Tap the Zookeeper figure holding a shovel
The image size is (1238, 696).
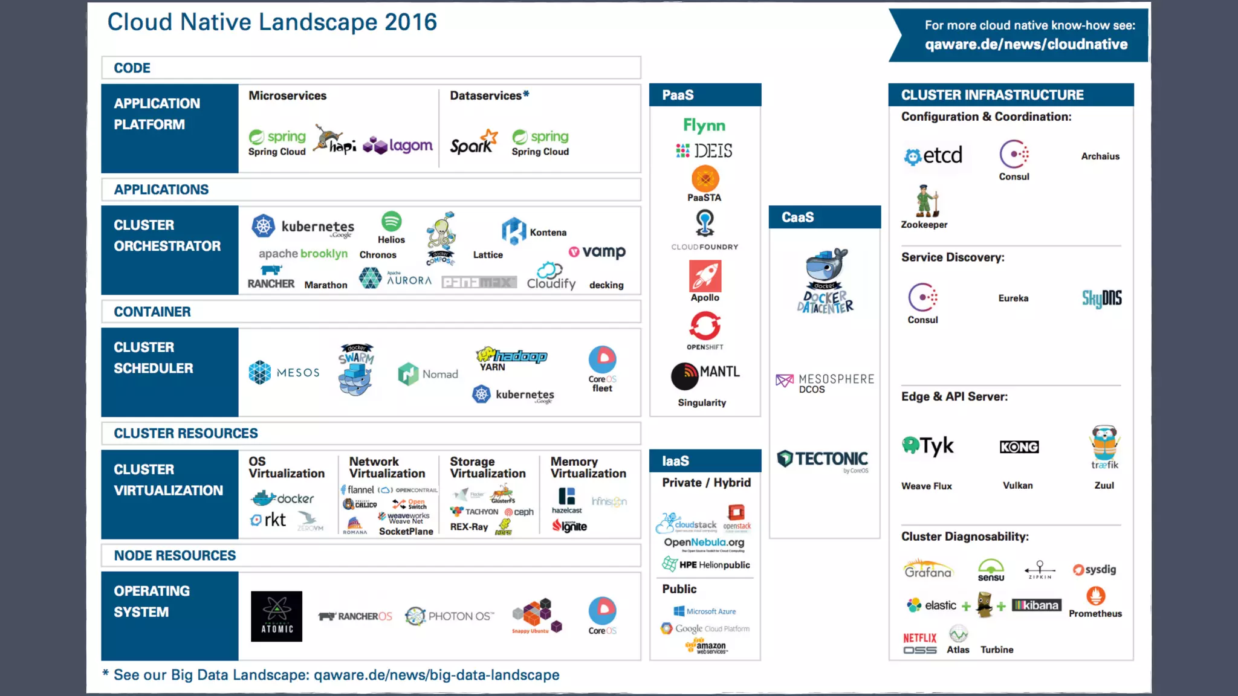pyautogui.click(x=926, y=201)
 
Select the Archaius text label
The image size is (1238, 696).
pyautogui.click(x=1100, y=156)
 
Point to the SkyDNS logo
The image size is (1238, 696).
pyautogui.click(x=1101, y=298)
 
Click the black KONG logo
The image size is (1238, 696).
pyautogui.click(x=1019, y=447)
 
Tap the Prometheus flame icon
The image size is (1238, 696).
pyautogui.click(x=1095, y=596)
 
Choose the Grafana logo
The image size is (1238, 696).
pyautogui.click(x=928, y=570)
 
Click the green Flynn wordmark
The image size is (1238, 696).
pyautogui.click(x=704, y=126)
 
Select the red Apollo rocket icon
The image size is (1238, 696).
pyautogui.click(x=705, y=276)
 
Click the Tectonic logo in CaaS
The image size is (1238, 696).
pyautogui.click(x=823, y=460)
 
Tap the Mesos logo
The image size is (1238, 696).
pyautogui.click(x=284, y=373)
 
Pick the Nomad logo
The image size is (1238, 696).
pyautogui.click(x=428, y=374)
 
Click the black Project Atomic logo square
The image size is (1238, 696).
pyautogui.click(x=276, y=616)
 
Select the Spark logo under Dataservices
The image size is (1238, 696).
pyautogui.click(x=473, y=143)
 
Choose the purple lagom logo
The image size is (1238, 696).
pyautogui.click(x=398, y=146)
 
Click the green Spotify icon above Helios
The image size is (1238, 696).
pyautogui.click(x=391, y=221)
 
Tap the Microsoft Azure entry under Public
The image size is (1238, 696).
pyautogui.click(x=705, y=611)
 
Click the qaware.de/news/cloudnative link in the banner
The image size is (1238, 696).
pyautogui.click(x=1026, y=44)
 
